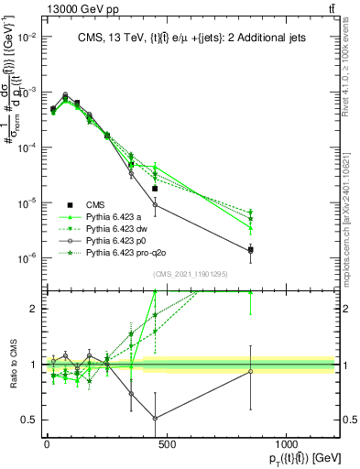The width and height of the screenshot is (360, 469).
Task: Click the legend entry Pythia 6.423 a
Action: point(114,215)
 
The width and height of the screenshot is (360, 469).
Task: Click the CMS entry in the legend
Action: point(96,203)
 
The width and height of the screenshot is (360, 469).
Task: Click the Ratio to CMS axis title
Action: point(11,364)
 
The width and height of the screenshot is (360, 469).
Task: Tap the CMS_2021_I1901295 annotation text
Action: point(190,274)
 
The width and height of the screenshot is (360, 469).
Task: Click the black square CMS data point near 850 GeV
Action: point(250,249)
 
